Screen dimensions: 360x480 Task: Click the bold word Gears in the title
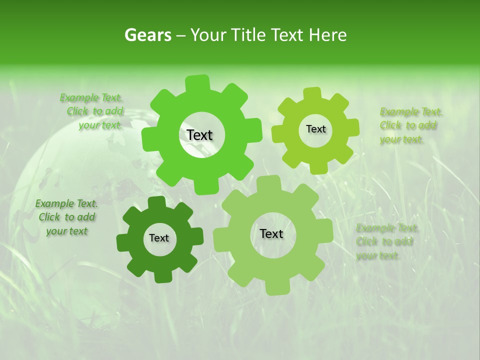(x=147, y=35)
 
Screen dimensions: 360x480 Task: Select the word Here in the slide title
(x=328, y=35)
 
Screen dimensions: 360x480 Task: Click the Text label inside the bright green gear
(x=199, y=135)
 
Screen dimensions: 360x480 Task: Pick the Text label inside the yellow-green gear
(x=315, y=129)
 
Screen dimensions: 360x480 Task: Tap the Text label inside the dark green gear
(x=159, y=238)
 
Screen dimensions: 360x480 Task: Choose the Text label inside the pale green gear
(x=271, y=233)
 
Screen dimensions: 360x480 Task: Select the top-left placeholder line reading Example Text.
(x=91, y=97)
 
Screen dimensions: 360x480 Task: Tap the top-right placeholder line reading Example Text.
(x=411, y=111)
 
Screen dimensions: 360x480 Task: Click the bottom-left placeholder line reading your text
(x=66, y=231)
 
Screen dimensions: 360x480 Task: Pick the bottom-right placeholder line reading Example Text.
(x=387, y=228)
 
